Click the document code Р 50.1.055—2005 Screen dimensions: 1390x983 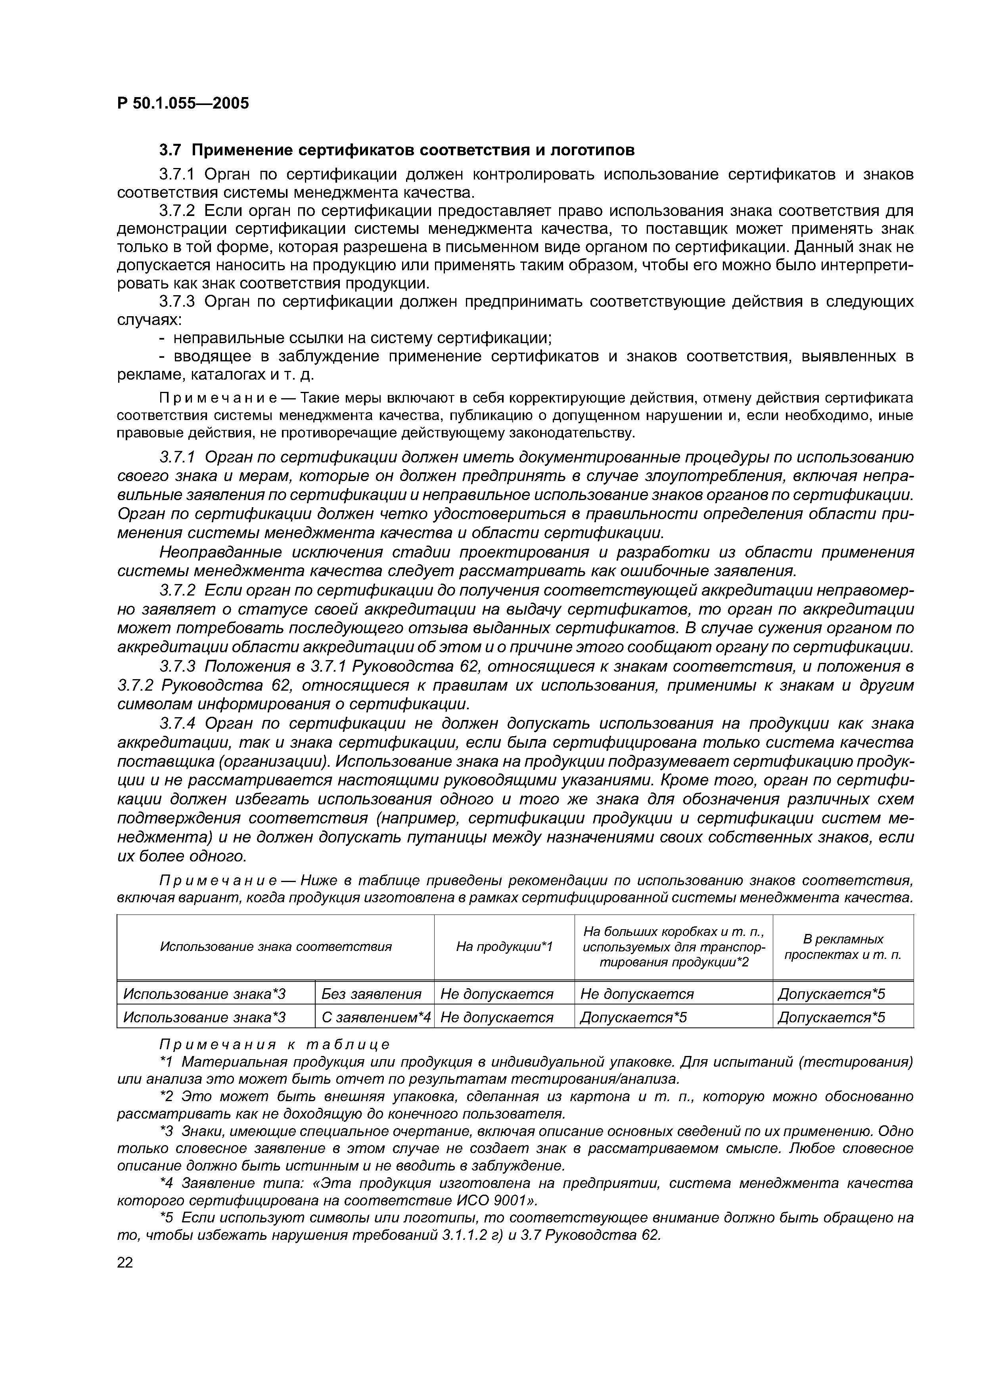tap(183, 103)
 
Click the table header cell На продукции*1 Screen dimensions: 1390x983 tap(504, 946)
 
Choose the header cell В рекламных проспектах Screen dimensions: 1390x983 tap(843, 946)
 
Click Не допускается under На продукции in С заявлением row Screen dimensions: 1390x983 tap(496, 1017)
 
